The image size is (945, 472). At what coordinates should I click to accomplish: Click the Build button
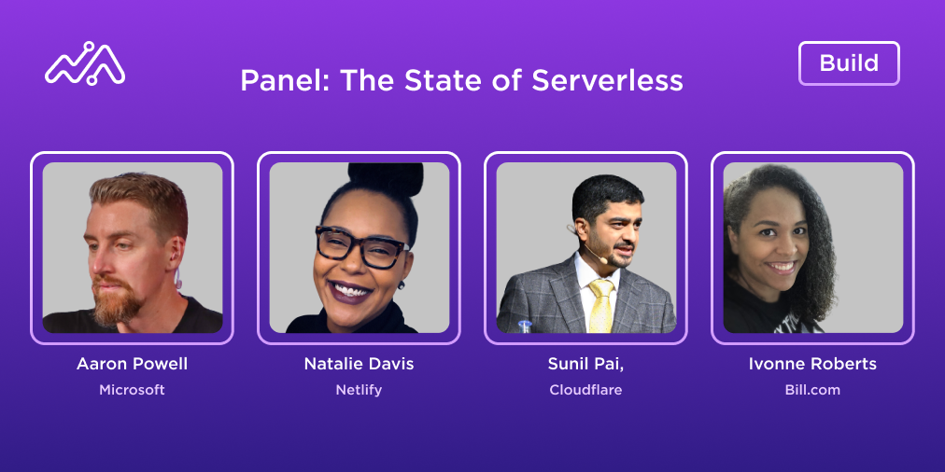point(849,63)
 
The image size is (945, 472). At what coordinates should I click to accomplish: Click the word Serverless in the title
point(607,80)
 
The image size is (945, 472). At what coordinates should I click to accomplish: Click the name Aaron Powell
point(132,364)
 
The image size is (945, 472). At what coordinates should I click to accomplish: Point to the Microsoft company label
point(132,390)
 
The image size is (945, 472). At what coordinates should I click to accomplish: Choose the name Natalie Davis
point(359,364)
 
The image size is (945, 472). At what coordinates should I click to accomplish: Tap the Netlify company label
point(359,390)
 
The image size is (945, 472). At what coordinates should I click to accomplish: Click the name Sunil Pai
point(585,364)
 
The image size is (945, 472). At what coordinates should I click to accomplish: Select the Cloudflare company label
point(585,390)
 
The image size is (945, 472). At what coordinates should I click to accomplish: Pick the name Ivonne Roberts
point(812,364)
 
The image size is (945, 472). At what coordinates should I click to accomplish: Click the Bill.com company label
point(812,390)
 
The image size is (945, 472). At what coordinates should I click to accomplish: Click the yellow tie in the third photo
point(600,304)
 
